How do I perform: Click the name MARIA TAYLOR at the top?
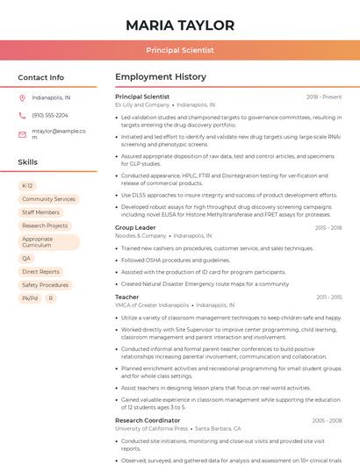(x=180, y=25)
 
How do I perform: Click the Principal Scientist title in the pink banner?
(x=180, y=50)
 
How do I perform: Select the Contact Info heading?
(x=41, y=77)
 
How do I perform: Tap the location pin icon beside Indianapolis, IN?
(x=22, y=98)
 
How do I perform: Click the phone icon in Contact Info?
(x=22, y=115)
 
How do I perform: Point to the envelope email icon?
(x=22, y=133)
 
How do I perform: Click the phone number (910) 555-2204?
(x=50, y=115)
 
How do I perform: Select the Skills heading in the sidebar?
(x=28, y=162)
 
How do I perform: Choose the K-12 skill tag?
(x=27, y=186)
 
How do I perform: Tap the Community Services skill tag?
(x=48, y=199)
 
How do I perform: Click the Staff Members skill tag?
(x=40, y=212)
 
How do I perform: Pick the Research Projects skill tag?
(x=45, y=225)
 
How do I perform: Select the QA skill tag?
(x=26, y=259)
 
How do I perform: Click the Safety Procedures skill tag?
(x=45, y=285)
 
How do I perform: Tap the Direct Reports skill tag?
(x=40, y=272)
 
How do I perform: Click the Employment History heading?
(x=161, y=77)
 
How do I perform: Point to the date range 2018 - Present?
(x=324, y=97)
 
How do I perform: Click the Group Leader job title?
(x=135, y=227)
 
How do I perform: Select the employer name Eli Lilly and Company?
(x=142, y=104)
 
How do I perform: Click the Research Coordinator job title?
(x=147, y=420)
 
